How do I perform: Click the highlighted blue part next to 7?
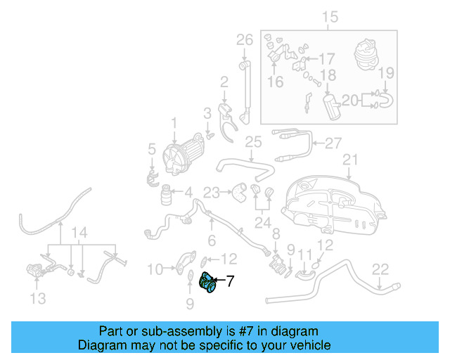point(209,283)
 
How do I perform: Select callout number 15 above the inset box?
point(330,16)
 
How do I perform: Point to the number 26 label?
point(244,39)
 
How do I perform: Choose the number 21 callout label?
point(350,160)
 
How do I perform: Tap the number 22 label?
point(380,268)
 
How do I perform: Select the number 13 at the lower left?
point(38,299)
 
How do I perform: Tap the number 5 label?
point(151,149)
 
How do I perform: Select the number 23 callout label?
point(212,191)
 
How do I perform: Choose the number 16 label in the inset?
point(274,82)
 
